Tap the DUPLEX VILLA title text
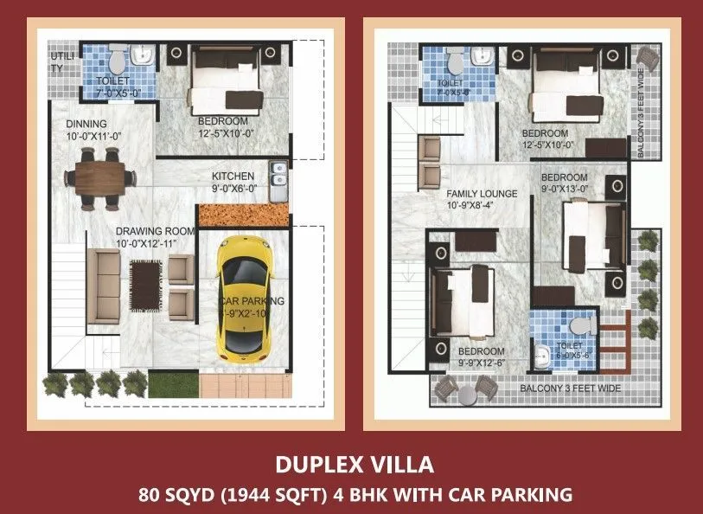(x=355, y=465)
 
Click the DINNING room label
(x=86, y=124)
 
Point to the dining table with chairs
(x=100, y=177)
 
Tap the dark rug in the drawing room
(x=144, y=284)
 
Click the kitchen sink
(x=278, y=175)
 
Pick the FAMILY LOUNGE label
(x=482, y=194)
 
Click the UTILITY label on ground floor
(x=59, y=62)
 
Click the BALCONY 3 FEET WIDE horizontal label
(x=570, y=389)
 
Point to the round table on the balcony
(x=468, y=395)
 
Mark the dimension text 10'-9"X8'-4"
(x=471, y=206)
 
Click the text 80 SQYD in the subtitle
(x=169, y=495)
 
